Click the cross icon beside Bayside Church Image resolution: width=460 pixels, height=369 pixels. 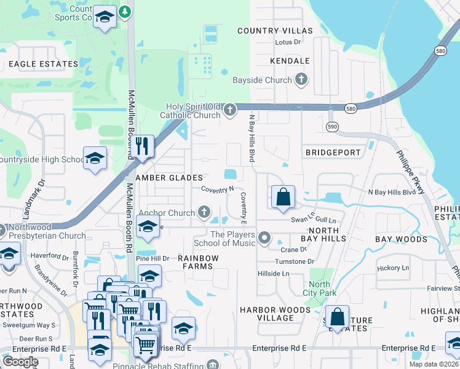pyautogui.click(x=301, y=80)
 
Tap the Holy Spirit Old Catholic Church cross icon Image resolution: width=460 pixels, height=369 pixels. pyautogui.click(x=230, y=110)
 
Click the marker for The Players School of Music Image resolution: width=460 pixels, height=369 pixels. pyautogui.click(x=264, y=237)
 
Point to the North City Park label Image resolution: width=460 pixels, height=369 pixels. pyautogui.click(x=319, y=288)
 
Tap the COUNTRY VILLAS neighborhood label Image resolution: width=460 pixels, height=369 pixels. pyautogui.click(x=275, y=31)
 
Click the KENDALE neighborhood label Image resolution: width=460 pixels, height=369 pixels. pyautogui.click(x=289, y=61)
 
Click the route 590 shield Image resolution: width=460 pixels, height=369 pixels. pyautogui.click(x=331, y=126)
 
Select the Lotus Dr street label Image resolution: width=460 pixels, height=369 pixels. pyautogui.click(x=288, y=42)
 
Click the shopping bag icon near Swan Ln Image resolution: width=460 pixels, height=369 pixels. pyautogui.click(x=283, y=197)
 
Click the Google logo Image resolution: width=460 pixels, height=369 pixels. pyautogui.click(x=20, y=361)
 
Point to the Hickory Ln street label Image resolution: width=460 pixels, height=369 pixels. pyautogui.click(x=393, y=268)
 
